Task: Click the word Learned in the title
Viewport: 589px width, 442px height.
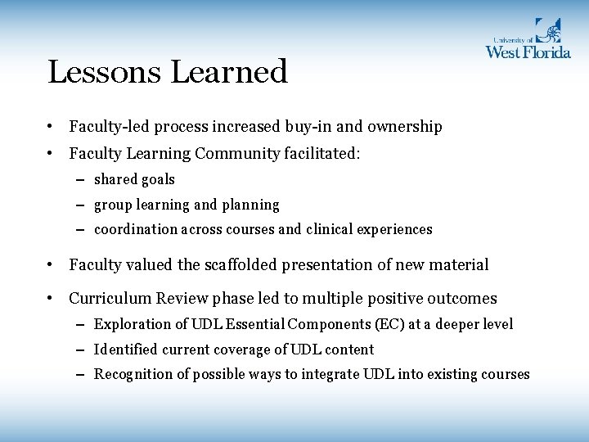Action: [x=230, y=72]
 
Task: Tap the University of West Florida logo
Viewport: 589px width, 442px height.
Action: [x=527, y=38]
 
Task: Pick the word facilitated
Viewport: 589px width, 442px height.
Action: [x=322, y=153]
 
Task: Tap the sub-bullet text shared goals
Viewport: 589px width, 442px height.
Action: [x=134, y=179]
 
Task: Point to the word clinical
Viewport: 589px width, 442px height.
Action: [x=333, y=230]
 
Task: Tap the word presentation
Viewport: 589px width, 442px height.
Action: [x=341, y=265]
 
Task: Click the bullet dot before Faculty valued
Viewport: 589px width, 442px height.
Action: [x=51, y=265]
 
